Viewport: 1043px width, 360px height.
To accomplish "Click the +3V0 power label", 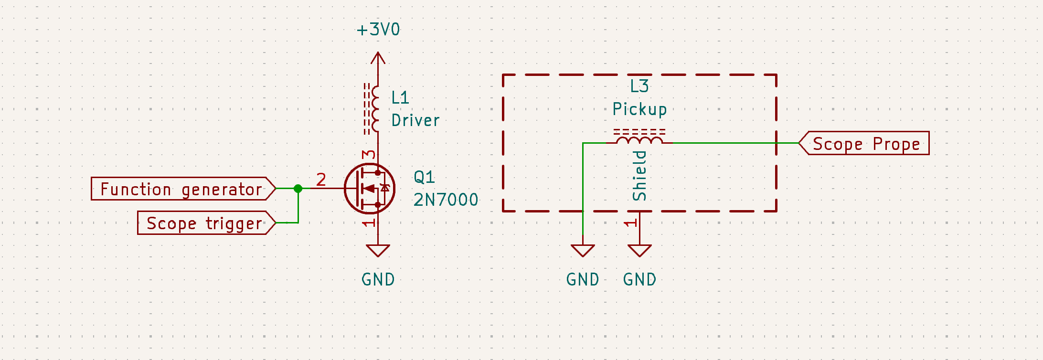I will (x=378, y=30).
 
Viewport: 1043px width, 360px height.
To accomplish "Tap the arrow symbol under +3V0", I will (x=378, y=59).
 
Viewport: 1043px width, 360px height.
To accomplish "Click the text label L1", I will (x=400, y=98).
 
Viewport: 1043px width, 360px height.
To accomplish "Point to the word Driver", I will (x=415, y=121).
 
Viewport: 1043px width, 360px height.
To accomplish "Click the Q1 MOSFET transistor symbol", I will (x=370, y=189).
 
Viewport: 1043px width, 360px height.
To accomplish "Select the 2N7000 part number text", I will (x=446, y=200).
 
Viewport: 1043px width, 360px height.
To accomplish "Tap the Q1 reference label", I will (x=424, y=177).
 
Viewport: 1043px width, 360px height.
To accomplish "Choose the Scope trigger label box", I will (x=206, y=223).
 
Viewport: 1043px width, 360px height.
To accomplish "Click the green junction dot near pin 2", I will (x=298, y=189).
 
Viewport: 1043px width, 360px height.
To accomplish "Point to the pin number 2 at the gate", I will (x=321, y=180).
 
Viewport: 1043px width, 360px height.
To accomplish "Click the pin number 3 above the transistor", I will (x=369, y=155).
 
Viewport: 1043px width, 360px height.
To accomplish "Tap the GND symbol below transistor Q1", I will (x=378, y=251).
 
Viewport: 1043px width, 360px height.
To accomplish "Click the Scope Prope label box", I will (x=865, y=143).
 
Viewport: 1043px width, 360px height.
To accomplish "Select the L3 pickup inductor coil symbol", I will (x=639, y=139).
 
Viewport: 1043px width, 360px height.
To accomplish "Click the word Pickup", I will (x=639, y=109).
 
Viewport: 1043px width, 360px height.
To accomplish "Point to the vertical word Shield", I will (x=639, y=176).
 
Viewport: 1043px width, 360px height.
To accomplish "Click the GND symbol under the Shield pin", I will (x=639, y=251).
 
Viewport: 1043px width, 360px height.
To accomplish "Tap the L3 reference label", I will (x=639, y=86).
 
